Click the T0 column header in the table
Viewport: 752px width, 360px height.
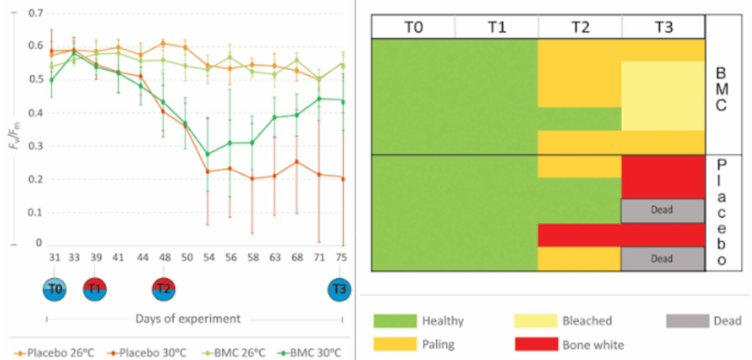pos(413,27)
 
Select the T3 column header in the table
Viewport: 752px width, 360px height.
pos(663,27)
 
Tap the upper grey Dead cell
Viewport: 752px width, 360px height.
pos(662,210)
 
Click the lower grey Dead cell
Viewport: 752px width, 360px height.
pos(662,259)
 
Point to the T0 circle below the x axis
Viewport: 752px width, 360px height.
pos(54,289)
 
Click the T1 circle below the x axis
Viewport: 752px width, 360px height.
pos(94,289)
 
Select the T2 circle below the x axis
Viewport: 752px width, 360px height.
pos(163,289)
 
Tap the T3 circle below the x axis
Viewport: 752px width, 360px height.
pos(339,289)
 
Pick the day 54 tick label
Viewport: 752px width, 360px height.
pos(208,257)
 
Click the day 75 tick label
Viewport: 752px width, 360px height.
pos(341,257)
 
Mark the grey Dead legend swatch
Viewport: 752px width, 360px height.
pos(689,321)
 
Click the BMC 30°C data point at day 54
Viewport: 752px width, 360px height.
pos(208,154)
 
